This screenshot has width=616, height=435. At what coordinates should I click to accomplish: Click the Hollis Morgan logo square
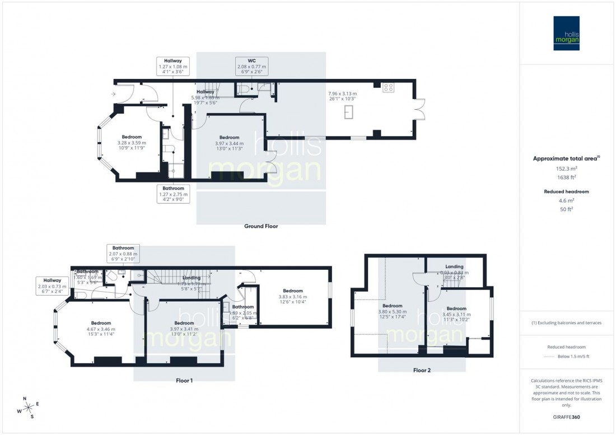click(566, 34)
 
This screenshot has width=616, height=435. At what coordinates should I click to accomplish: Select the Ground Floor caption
click(261, 226)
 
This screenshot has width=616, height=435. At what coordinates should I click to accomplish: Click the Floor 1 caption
click(184, 381)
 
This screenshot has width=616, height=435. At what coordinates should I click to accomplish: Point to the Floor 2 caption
click(422, 370)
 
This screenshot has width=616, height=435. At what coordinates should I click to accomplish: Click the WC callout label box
click(251, 67)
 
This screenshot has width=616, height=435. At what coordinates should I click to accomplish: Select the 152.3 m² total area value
click(566, 169)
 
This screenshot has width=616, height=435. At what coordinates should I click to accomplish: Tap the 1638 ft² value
click(566, 177)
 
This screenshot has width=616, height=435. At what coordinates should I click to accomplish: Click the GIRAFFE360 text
click(566, 418)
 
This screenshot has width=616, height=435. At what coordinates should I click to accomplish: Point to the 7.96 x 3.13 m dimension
click(343, 93)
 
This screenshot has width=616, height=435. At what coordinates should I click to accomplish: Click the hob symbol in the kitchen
click(388, 87)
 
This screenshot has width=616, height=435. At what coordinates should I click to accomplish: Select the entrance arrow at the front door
click(114, 94)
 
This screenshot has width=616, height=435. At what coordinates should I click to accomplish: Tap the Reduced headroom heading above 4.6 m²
click(566, 191)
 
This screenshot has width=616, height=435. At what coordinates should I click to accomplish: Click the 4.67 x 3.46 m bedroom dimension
click(101, 330)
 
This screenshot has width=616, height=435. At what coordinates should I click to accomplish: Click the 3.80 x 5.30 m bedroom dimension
click(391, 312)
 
